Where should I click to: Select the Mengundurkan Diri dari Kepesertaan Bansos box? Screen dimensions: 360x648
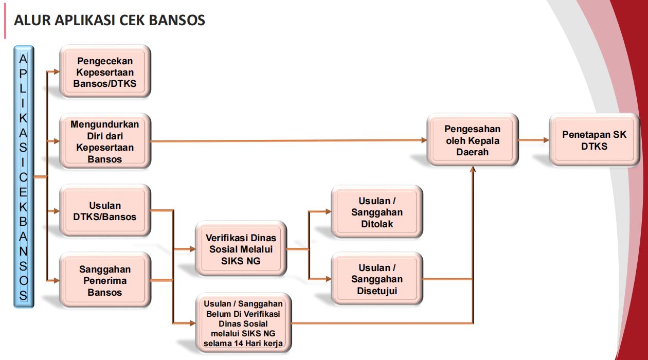[105, 141]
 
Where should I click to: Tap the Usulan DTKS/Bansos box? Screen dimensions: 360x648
[105, 211]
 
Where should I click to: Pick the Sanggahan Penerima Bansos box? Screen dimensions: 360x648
[105, 280]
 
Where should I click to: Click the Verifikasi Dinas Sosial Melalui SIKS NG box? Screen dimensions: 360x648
[241, 249]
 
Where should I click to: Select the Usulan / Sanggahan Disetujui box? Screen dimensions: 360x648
[377, 279]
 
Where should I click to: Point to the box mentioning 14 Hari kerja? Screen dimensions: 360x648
[243, 323]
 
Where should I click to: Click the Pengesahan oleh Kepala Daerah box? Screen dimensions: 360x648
[473, 140]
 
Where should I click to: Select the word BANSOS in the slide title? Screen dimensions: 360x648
[177, 20]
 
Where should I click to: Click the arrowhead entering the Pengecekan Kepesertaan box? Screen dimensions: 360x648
[57, 71]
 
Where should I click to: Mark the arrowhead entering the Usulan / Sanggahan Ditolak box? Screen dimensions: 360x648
[329, 211]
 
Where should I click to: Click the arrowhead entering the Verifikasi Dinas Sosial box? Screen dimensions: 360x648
[193, 249]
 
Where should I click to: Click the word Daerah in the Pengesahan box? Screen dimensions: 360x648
[473, 152]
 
